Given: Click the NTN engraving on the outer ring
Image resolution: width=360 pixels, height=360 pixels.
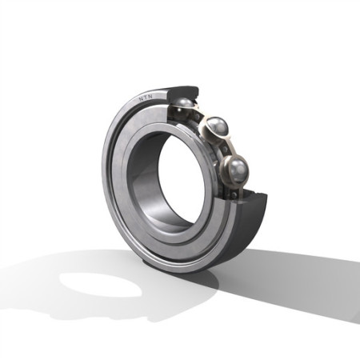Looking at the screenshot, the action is point(146,97).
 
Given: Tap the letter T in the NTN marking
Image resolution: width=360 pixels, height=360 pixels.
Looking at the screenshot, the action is point(146,98).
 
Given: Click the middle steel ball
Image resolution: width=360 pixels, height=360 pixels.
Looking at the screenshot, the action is point(218,127).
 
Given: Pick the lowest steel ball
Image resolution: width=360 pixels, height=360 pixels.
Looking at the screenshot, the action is point(238,170).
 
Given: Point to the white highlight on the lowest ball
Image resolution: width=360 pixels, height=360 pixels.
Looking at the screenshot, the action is point(242,169).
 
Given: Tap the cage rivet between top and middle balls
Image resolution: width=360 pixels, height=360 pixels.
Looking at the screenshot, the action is point(197,117).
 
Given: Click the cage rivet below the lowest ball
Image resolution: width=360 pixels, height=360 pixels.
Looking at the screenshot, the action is point(234,194).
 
